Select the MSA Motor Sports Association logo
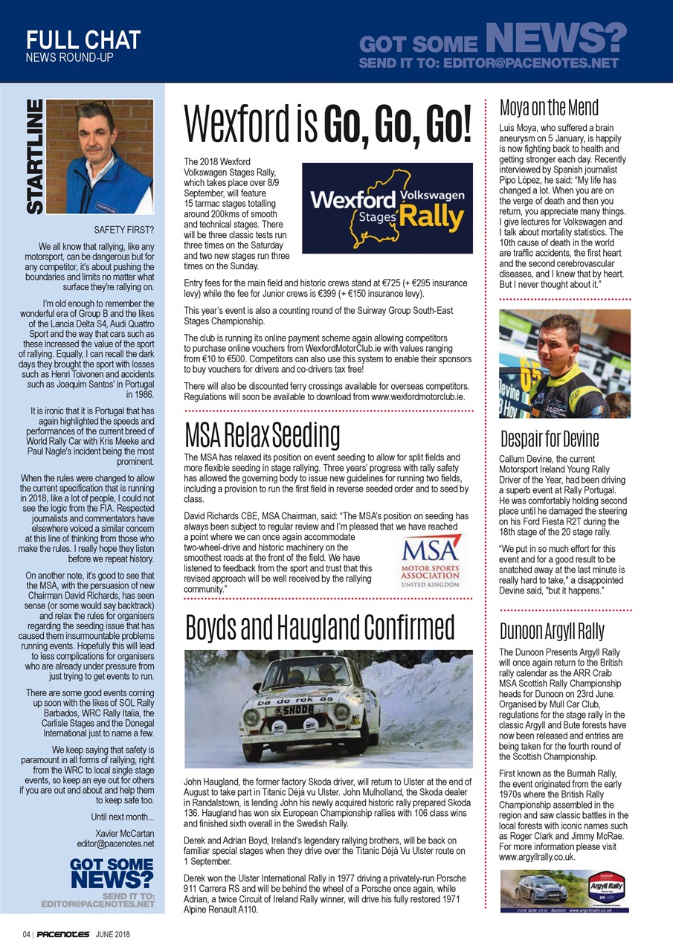point(431,561)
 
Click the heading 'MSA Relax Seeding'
point(262,434)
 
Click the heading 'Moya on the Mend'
point(549,109)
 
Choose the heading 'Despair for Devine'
point(549,439)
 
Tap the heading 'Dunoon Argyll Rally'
point(552,632)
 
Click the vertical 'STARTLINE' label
point(35,158)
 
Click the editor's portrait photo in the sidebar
point(109,157)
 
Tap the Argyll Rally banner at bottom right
point(564,890)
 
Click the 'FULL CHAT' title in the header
point(83,39)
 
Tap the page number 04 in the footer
point(25,934)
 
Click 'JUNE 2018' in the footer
point(113,934)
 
